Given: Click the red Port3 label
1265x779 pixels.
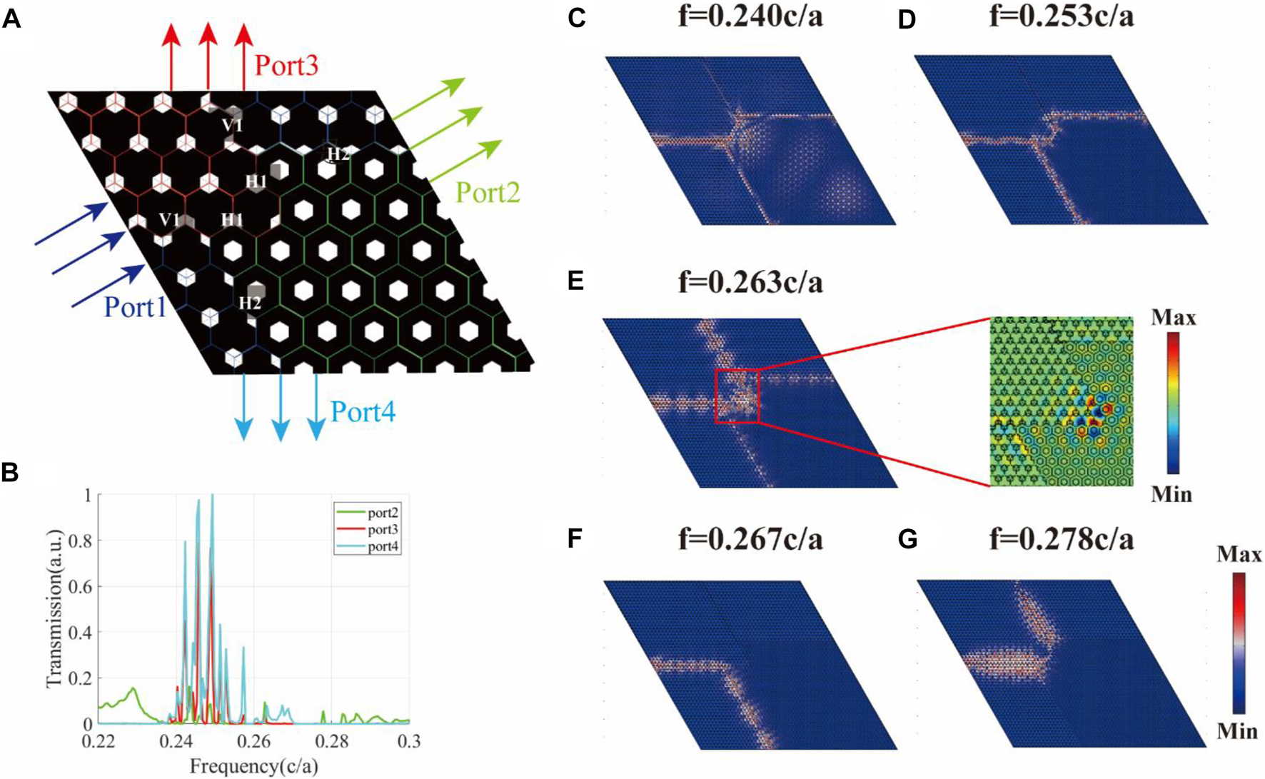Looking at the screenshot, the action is coord(286,66).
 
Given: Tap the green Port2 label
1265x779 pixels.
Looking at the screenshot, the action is coord(488,192).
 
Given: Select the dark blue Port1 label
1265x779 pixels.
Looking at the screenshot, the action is coord(135,307).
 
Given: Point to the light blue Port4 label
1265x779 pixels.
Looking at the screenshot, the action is coord(363,412).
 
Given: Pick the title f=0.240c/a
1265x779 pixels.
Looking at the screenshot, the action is coord(750,16).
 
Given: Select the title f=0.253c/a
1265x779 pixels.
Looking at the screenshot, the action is coord(1062,16).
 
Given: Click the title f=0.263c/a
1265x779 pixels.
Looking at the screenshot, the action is coord(750,283).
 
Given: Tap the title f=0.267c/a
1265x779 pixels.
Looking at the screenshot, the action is coord(750,538).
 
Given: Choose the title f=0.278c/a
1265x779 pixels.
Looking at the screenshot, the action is coord(1062,538).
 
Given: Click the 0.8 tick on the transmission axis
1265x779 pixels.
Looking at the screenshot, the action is coord(81,541).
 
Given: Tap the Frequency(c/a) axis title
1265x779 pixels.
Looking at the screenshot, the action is coord(253,767).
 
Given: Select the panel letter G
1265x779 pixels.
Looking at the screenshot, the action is coord(907,540).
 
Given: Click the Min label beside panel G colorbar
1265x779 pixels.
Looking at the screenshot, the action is coord(1239,730).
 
